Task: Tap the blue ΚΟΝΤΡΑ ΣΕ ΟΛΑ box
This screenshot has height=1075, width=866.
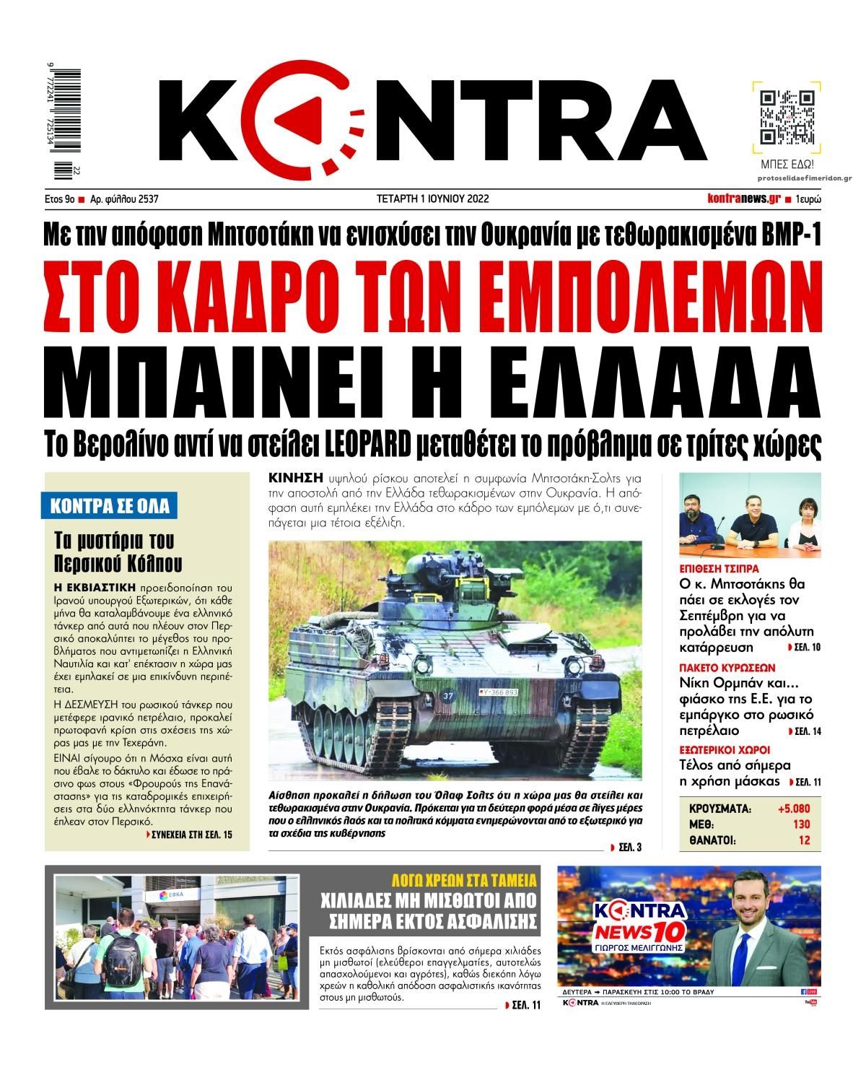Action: coord(110,506)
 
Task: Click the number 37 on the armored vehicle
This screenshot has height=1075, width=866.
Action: coord(447,697)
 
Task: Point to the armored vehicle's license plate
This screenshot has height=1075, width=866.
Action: coord(497,692)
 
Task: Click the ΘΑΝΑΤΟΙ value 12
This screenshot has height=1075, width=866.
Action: coord(804,840)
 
